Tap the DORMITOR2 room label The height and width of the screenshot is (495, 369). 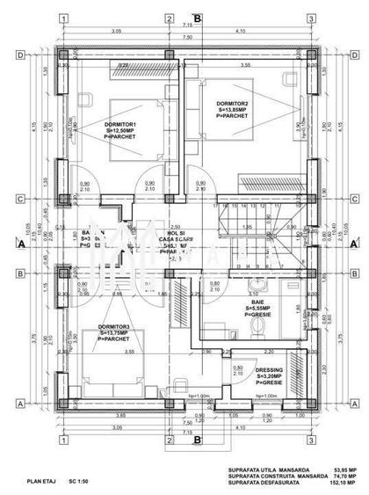[x=233, y=104]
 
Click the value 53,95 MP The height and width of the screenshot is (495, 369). [x=344, y=469]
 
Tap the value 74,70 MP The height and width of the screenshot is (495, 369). [x=344, y=476]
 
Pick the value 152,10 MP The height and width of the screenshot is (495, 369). [x=344, y=484]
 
